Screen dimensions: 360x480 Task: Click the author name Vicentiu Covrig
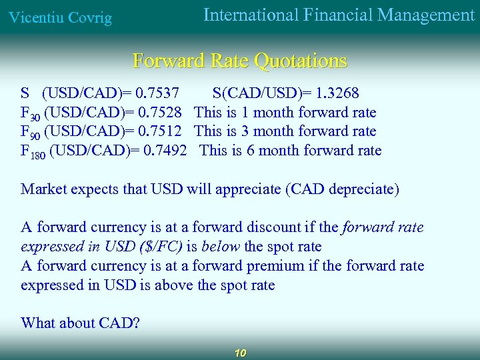point(59,17)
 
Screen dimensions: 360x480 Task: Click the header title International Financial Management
point(339,15)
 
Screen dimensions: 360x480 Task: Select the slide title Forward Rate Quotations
point(240,61)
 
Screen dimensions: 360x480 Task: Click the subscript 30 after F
point(35,116)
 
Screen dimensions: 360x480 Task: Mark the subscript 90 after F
point(35,135)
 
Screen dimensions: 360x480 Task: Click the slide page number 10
point(241,353)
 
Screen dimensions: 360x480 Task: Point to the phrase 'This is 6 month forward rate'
point(290,151)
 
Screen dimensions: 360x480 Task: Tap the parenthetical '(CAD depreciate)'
point(342,189)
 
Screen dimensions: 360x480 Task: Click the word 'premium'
point(275,266)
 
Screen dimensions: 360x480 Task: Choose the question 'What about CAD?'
point(80,323)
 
